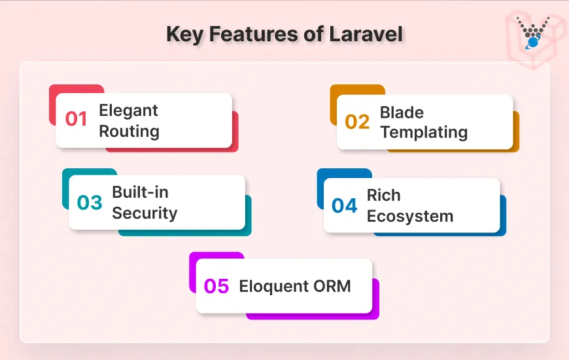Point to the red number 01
coord(77,120)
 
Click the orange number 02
coord(357,122)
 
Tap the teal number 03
coord(90,203)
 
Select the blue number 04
coord(345,206)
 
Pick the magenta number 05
coord(216,287)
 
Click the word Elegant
coord(128,110)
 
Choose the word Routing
coord(129,131)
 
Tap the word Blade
coord(402,112)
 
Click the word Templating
coord(424,132)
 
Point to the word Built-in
coord(140,192)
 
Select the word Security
coord(145,213)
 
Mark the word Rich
coord(383,195)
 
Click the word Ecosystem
coord(409,216)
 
